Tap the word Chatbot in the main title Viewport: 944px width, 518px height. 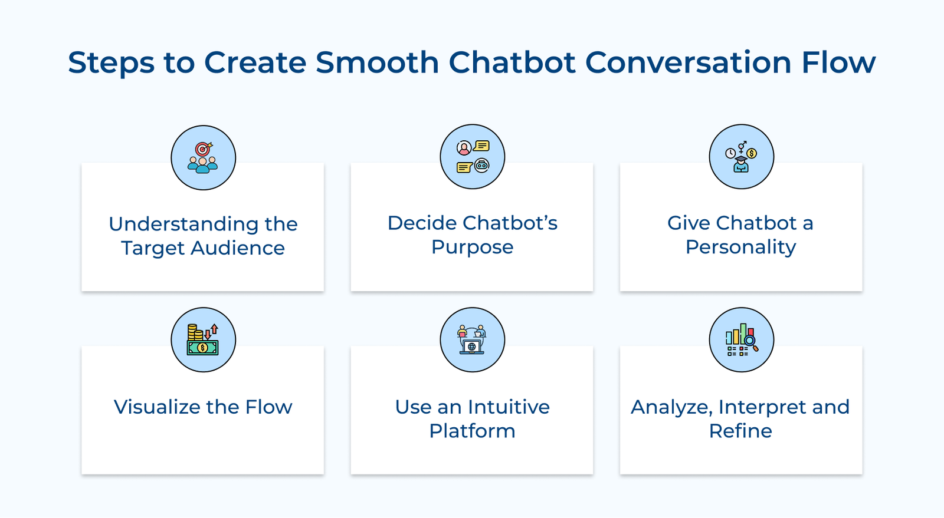click(x=512, y=62)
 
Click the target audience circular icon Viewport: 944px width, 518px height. click(x=203, y=157)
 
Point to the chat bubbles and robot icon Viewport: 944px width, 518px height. click(x=472, y=157)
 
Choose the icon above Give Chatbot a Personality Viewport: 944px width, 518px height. click(x=741, y=157)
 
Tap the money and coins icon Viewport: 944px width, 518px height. click(x=203, y=339)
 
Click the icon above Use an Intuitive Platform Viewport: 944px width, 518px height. click(x=472, y=339)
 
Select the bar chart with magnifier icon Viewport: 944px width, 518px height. click(x=741, y=339)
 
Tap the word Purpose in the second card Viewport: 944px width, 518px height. click(x=472, y=247)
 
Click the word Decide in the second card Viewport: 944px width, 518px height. click(x=422, y=223)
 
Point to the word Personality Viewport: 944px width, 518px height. click(x=740, y=247)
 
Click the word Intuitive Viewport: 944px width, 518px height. click(x=509, y=407)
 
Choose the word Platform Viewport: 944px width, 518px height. click(x=472, y=431)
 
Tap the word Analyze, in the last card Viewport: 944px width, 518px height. click(x=671, y=407)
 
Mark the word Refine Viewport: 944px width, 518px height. click(x=740, y=431)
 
